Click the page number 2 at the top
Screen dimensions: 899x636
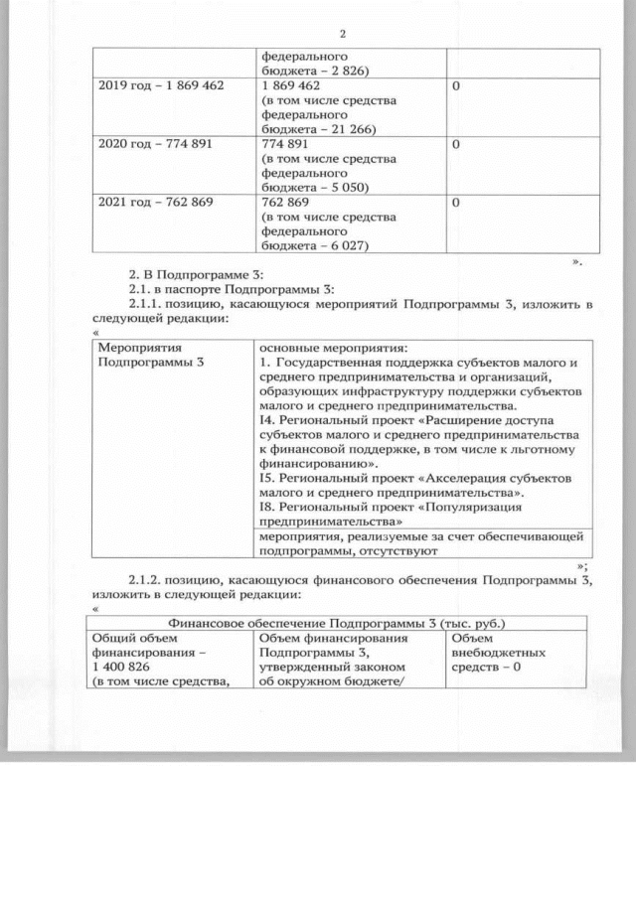tap(342, 34)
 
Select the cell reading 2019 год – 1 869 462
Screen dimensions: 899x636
tap(161, 86)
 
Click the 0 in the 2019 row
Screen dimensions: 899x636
tap(455, 86)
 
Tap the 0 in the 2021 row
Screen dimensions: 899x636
tap(455, 202)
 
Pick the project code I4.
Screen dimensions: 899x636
tap(265, 420)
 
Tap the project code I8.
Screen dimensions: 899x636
tap(265, 504)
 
